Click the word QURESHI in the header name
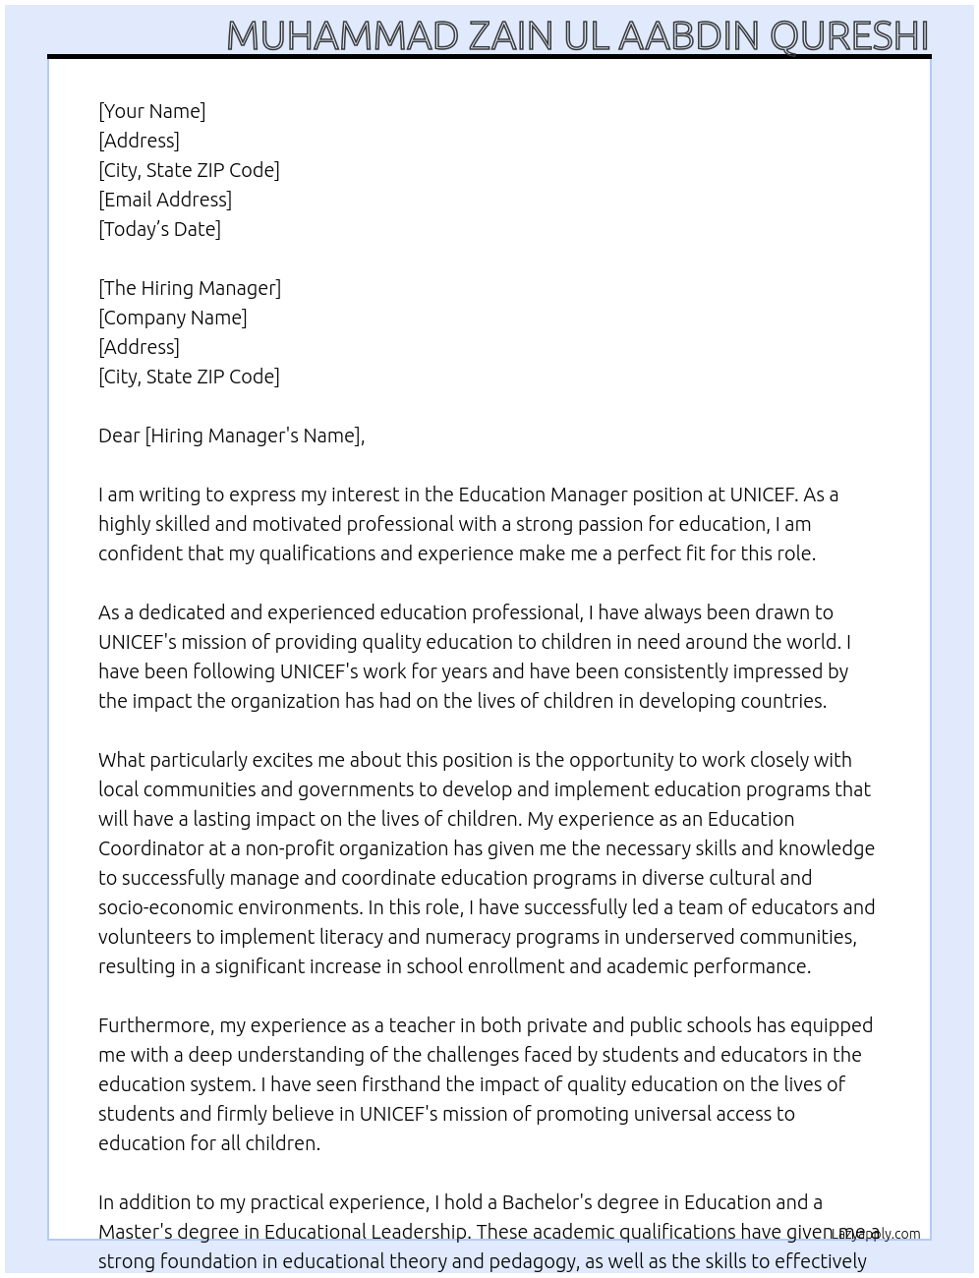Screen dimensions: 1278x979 click(849, 36)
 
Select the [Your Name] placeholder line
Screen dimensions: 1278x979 click(152, 111)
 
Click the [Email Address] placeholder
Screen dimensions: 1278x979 click(165, 200)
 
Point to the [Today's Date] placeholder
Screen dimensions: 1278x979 click(159, 229)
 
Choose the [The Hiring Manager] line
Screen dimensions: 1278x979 click(190, 288)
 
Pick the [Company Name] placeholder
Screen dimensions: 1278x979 click(173, 318)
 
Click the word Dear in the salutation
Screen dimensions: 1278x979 click(119, 436)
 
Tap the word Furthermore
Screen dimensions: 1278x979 click(155, 1025)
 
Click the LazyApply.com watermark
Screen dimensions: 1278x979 click(876, 1234)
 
